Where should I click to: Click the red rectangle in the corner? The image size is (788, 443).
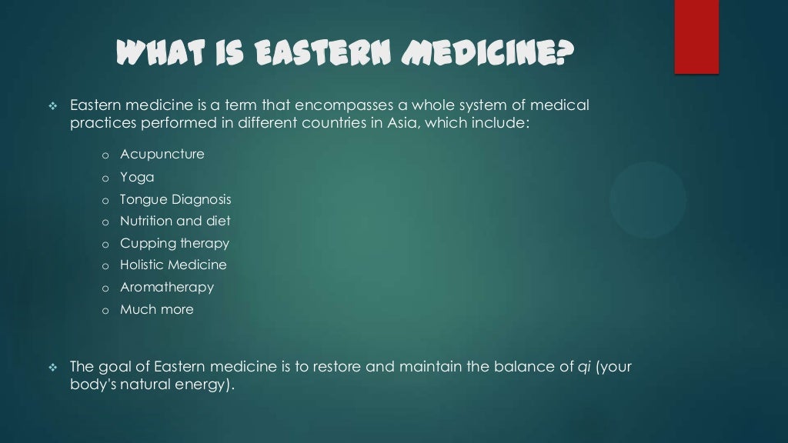(x=696, y=36)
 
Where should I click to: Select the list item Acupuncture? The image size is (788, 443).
(x=162, y=154)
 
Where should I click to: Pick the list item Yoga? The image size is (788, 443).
(x=137, y=177)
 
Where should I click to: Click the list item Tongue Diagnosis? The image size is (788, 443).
(x=175, y=199)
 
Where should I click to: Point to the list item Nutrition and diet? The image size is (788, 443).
(x=175, y=221)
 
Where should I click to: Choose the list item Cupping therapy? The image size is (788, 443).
(x=175, y=243)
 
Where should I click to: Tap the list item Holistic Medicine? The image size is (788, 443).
(x=173, y=265)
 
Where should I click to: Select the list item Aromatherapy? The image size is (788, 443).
(x=167, y=287)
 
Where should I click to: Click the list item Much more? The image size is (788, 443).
(x=157, y=309)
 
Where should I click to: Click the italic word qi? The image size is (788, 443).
(x=583, y=367)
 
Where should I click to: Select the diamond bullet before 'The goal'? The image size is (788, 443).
(x=53, y=368)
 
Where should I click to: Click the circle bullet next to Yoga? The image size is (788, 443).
(x=105, y=178)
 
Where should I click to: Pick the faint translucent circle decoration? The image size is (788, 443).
(x=648, y=199)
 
